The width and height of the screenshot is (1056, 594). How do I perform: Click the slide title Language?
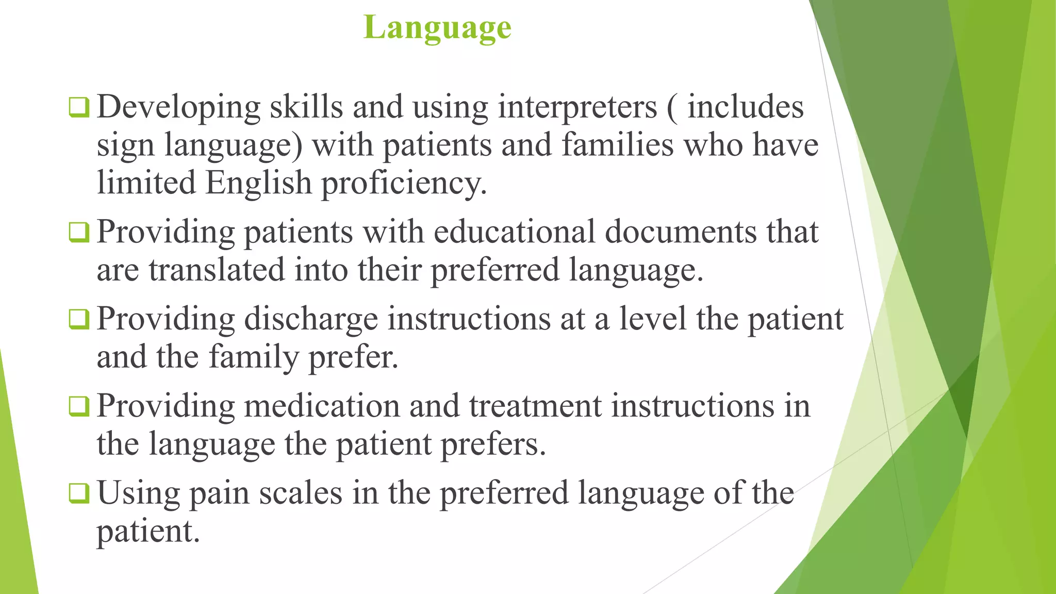pos(437,28)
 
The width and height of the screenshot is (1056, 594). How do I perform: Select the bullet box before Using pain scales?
pos(79,493)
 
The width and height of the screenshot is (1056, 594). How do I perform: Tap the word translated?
pos(217,270)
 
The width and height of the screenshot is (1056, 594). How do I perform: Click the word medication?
pos(322,406)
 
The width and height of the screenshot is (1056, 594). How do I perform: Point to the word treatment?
pos(535,406)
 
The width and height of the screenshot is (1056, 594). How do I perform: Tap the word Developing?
pos(178,108)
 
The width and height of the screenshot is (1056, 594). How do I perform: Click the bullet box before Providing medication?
pos(79,406)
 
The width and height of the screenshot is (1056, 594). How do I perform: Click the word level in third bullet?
pos(653,319)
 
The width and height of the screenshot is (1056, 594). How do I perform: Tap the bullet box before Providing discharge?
pos(79,319)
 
